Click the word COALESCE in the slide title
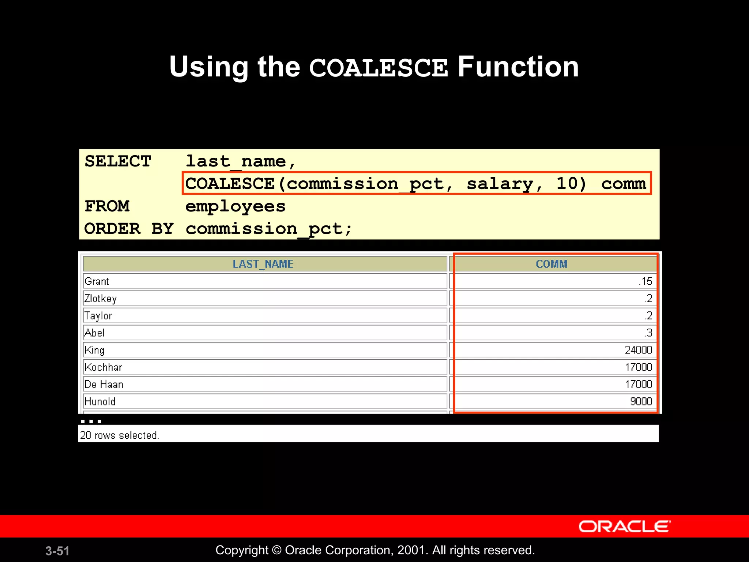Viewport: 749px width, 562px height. (x=378, y=68)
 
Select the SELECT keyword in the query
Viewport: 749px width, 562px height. (x=118, y=161)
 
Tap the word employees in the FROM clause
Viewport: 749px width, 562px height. (x=235, y=207)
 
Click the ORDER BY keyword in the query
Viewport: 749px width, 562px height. (x=129, y=229)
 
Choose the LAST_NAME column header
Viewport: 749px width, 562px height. (x=263, y=264)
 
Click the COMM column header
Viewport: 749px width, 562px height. (x=552, y=264)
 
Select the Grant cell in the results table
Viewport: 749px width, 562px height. (x=97, y=281)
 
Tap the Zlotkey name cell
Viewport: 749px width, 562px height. (x=101, y=299)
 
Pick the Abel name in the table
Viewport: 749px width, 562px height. (x=95, y=333)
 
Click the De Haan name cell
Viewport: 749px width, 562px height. (x=104, y=385)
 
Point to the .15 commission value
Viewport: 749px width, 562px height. (x=646, y=281)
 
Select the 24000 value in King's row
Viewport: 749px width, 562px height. (x=638, y=350)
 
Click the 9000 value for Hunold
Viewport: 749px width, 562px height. (x=641, y=402)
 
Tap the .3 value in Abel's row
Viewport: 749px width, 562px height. (x=648, y=333)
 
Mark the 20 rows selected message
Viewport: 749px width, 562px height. (x=119, y=435)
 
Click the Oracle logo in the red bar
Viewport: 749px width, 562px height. (x=625, y=527)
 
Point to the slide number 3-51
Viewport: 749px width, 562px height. (x=57, y=551)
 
